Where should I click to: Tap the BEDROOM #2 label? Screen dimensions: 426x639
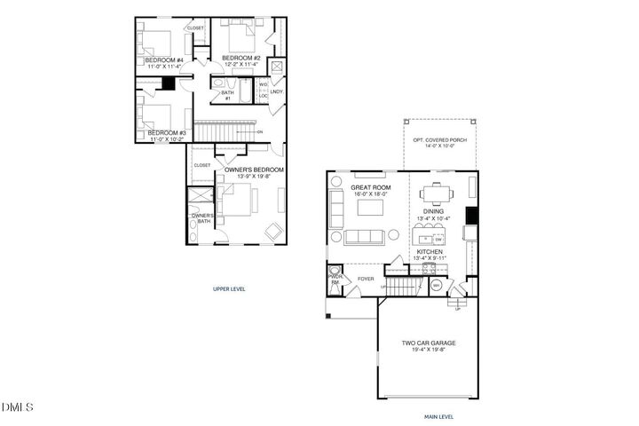[x=240, y=58]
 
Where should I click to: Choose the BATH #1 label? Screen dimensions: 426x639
[x=227, y=95]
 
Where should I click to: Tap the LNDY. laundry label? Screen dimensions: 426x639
[x=277, y=91]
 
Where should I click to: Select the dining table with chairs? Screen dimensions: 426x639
[x=435, y=193]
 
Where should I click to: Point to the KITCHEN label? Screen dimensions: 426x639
[x=430, y=252]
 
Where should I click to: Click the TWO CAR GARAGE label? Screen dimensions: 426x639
[x=428, y=343]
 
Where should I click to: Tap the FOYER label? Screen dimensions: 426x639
[x=366, y=279]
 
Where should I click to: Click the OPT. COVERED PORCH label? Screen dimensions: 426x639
[x=439, y=139]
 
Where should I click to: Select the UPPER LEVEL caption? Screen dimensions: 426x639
[x=229, y=289]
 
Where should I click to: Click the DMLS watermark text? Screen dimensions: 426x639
[x=18, y=407]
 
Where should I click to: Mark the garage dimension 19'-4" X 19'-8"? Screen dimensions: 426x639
[x=428, y=351]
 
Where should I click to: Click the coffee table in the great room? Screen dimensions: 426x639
[x=370, y=207]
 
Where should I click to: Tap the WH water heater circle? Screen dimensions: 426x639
[x=436, y=285]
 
